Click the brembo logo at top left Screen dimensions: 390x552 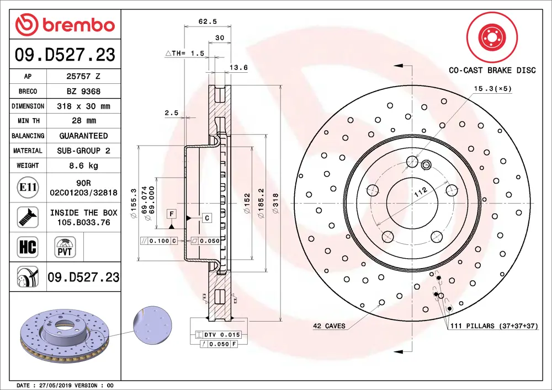[x=65, y=24]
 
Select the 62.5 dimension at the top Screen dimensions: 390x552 [x=208, y=22]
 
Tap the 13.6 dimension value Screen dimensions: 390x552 [x=238, y=68]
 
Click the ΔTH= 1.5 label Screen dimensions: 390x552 [x=185, y=54]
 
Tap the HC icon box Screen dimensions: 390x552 [x=28, y=247]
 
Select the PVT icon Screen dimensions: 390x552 [x=66, y=246]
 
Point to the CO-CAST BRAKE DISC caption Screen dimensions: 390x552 [x=492, y=70]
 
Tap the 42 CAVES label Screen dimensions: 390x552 [x=329, y=326]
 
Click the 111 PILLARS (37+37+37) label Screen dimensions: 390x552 [x=493, y=326]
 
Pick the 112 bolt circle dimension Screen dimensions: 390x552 [x=421, y=193]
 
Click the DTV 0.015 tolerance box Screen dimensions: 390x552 [x=219, y=335]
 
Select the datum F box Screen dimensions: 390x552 [x=172, y=213]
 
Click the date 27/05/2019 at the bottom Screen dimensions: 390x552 [x=54, y=385]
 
